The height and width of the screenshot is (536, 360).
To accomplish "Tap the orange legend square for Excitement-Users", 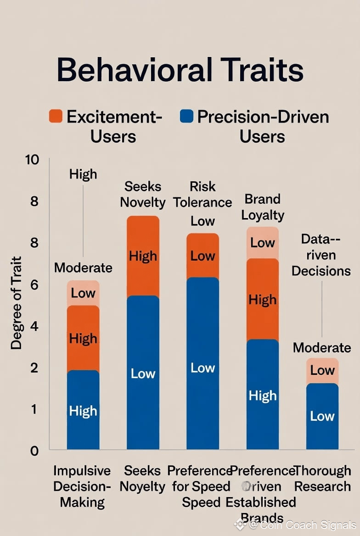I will pyautogui.click(x=56, y=116).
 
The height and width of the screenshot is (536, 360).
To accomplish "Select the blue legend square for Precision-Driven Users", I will pyautogui.click(x=186, y=116).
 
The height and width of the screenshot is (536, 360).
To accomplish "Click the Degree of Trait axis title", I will pyautogui.click(x=17, y=303).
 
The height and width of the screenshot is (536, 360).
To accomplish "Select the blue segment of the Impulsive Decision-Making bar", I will pyautogui.click(x=83, y=409).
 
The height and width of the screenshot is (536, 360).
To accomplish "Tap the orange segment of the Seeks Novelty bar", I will pyautogui.click(x=143, y=256).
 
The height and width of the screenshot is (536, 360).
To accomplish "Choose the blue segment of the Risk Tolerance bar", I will pyautogui.click(x=202, y=363).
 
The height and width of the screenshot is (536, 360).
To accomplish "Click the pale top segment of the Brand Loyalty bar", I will pyautogui.click(x=263, y=243).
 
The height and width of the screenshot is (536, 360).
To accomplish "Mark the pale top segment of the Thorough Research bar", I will pyautogui.click(x=322, y=371).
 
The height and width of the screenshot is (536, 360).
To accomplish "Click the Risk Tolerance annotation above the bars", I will pyautogui.click(x=202, y=195).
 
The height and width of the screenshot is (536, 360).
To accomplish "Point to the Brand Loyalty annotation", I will pyautogui.click(x=263, y=207).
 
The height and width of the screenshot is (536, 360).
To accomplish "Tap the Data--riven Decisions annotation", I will pyautogui.click(x=321, y=255).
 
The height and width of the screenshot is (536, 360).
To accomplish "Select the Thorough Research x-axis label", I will pyautogui.click(x=322, y=478).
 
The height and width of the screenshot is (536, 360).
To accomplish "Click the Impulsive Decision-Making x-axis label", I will pyautogui.click(x=82, y=486).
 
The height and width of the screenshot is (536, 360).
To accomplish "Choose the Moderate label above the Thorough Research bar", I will pyautogui.click(x=322, y=347).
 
